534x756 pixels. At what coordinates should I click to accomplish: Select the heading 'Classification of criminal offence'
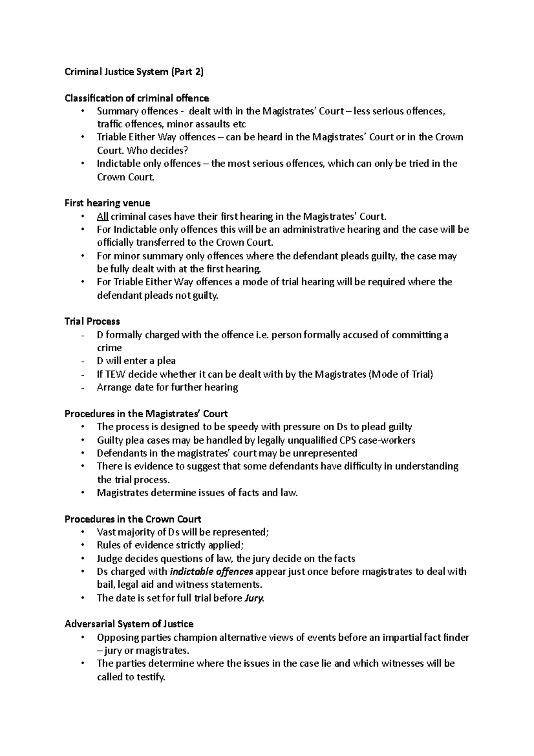tap(137, 98)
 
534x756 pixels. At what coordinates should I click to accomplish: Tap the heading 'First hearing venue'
tap(107, 203)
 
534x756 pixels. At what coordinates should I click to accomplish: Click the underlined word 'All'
tap(102, 216)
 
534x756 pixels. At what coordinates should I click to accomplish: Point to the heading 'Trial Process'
tap(92, 321)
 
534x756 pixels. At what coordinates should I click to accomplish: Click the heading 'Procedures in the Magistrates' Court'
tap(146, 414)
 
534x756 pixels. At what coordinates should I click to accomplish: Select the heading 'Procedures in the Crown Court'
tap(133, 519)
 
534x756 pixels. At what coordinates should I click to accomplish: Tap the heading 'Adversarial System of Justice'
tap(129, 624)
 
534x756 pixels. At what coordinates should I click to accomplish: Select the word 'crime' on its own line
tap(109, 348)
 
